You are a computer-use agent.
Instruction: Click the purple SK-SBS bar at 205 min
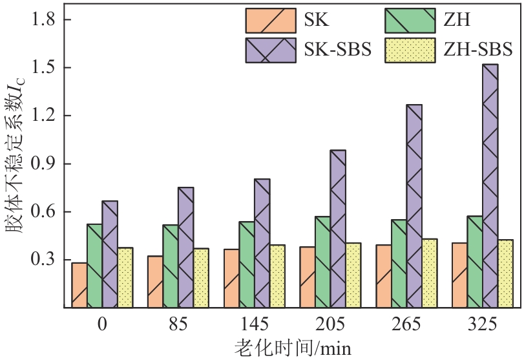338,229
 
